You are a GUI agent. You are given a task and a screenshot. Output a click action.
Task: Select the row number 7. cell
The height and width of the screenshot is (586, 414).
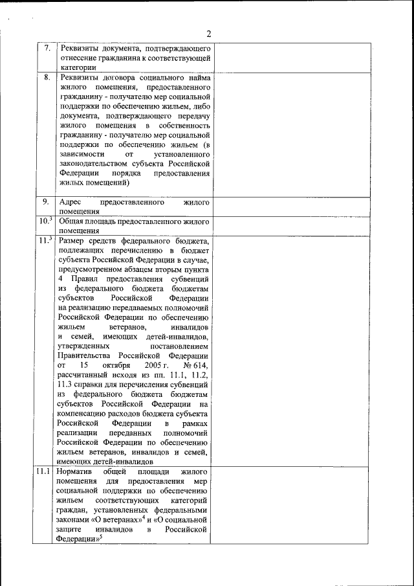47,48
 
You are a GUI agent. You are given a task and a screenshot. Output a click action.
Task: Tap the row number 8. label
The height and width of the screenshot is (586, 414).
47,77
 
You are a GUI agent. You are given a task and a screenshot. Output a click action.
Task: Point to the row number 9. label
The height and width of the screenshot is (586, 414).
47,201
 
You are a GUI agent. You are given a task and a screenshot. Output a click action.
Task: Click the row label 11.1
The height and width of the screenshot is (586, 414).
44,471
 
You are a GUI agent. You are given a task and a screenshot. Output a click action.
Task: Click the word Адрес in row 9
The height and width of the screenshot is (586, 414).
69,202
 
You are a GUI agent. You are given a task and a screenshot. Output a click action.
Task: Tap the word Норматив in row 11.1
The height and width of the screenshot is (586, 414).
78,471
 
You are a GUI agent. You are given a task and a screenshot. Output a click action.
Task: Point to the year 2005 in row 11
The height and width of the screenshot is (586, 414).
162,366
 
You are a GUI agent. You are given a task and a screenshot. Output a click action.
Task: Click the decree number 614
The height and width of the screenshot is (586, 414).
201,366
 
